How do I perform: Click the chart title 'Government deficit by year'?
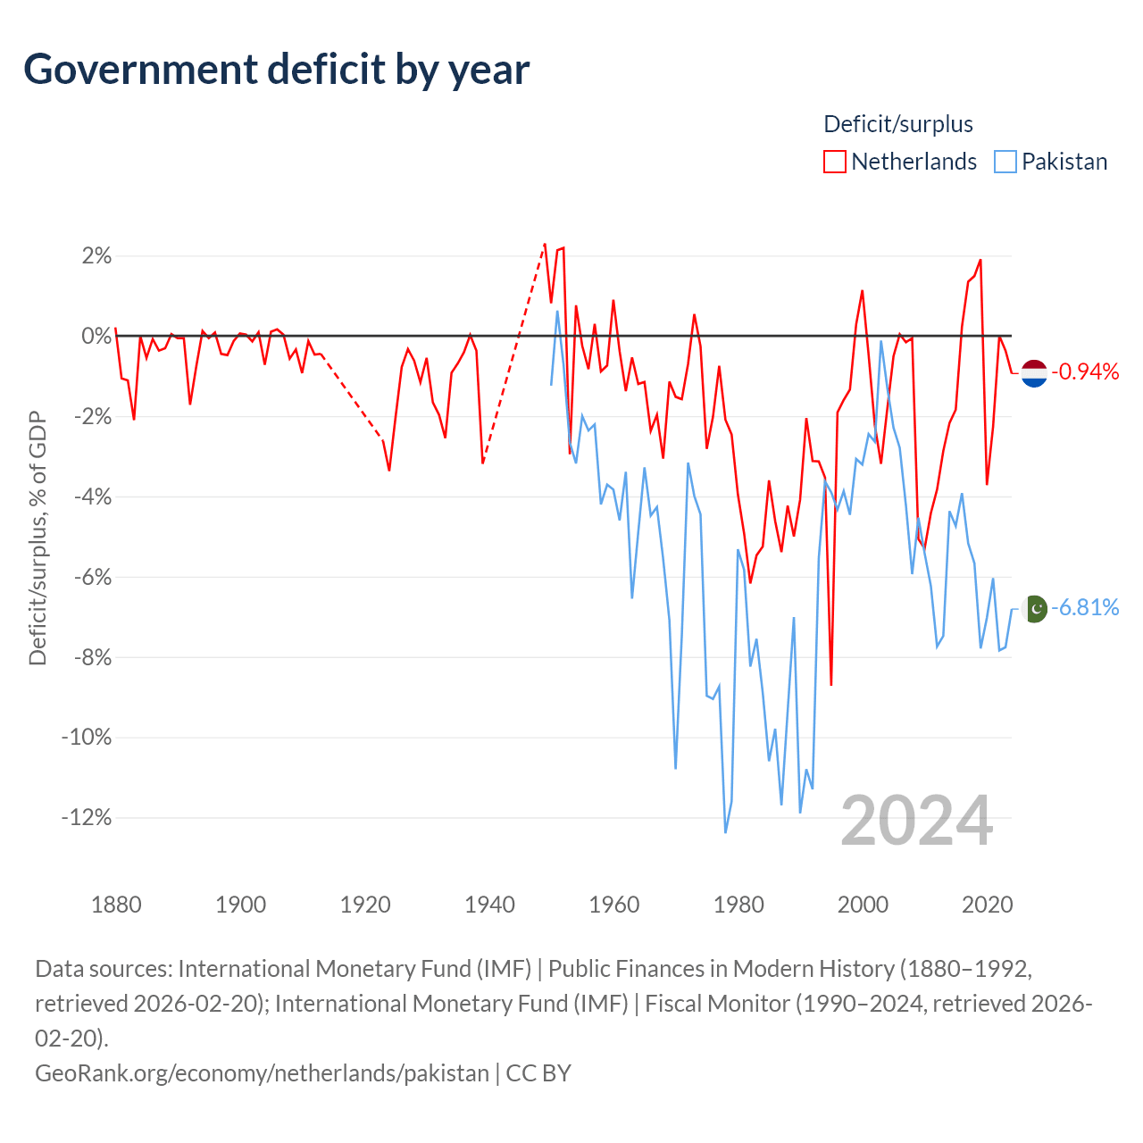[x=276, y=70]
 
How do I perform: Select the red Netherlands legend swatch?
[x=834, y=162]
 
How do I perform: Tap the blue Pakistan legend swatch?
[x=1005, y=162]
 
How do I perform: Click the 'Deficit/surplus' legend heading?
[x=897, y=124]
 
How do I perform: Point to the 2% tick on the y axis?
[x=96, y=256]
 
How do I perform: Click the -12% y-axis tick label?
[x=87, y=817]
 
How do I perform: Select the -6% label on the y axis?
[x=93, y=577]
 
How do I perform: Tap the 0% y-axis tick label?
[x=96, y=337]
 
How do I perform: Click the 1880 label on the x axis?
[x=116, y=905]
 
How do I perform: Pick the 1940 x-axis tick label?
[x=489, y=905]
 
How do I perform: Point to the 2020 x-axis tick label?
[x=987, y=905]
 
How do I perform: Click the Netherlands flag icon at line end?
[x=1034, y=373]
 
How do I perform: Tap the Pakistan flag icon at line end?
[x=1035, y=609]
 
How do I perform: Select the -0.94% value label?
[x=1085, y=371]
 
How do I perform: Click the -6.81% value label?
[x=1085, y=607]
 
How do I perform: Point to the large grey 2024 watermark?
[x=916, y=822]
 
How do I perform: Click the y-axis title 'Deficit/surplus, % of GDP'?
[x=38, y=538]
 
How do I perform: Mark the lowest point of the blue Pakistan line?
[x=725, y=832]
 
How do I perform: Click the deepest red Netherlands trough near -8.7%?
[x=831, y=685]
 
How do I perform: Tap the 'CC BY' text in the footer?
[x=538, y=1073]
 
